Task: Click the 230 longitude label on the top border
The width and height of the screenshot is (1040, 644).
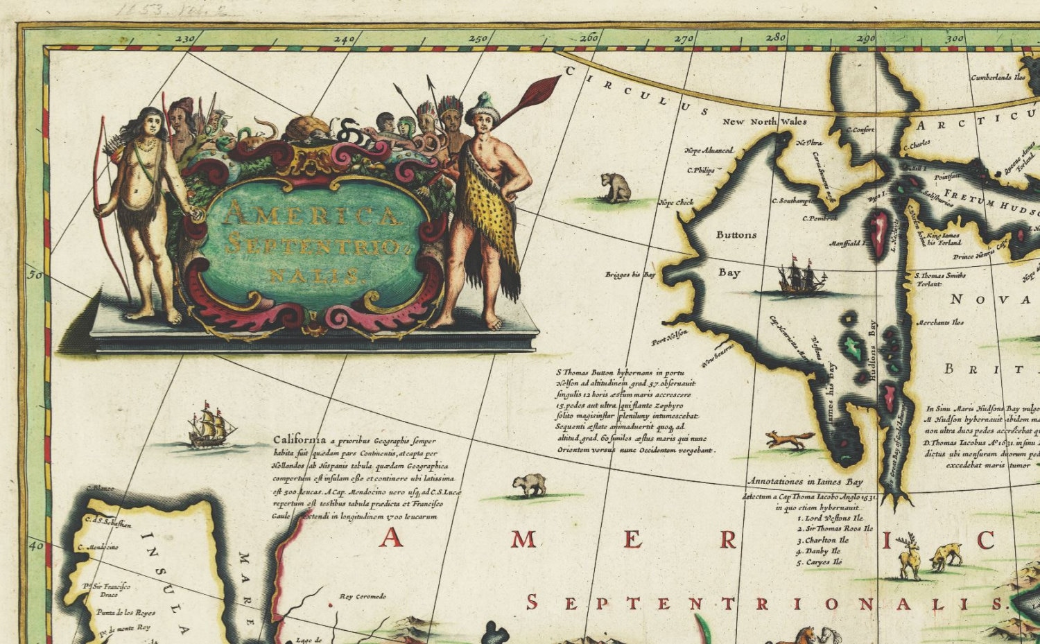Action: pyautogui.click(x=185, y=40)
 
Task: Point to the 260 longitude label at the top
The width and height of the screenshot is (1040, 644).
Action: pyautogui.click(x=589, y=39)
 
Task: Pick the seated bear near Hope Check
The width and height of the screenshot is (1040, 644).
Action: pyautogui.click(x=616, y=188)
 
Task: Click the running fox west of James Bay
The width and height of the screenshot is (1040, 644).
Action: pyautogui.click(x=790, y=440)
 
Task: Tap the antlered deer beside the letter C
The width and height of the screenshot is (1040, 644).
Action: pyautogui.click(x=909, y=555)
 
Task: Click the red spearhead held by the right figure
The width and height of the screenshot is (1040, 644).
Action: pyautogui.click(x=540, y=90)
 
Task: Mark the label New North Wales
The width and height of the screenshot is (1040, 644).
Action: pyautogui.click(x=765, y=121)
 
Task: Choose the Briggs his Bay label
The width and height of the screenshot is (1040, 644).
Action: pyautogui.click(x=630, y=275)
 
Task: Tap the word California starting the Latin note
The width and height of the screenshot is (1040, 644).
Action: pyautogui.click(x=300, y=440)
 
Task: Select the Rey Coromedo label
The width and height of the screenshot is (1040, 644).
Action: pyautogui.click(x=363, y=596)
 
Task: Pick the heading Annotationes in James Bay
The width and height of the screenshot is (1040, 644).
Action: pyautogui.click(x=805, y=481)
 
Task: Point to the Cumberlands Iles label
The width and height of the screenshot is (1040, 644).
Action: pyautogui.click(x=998, y=78)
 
